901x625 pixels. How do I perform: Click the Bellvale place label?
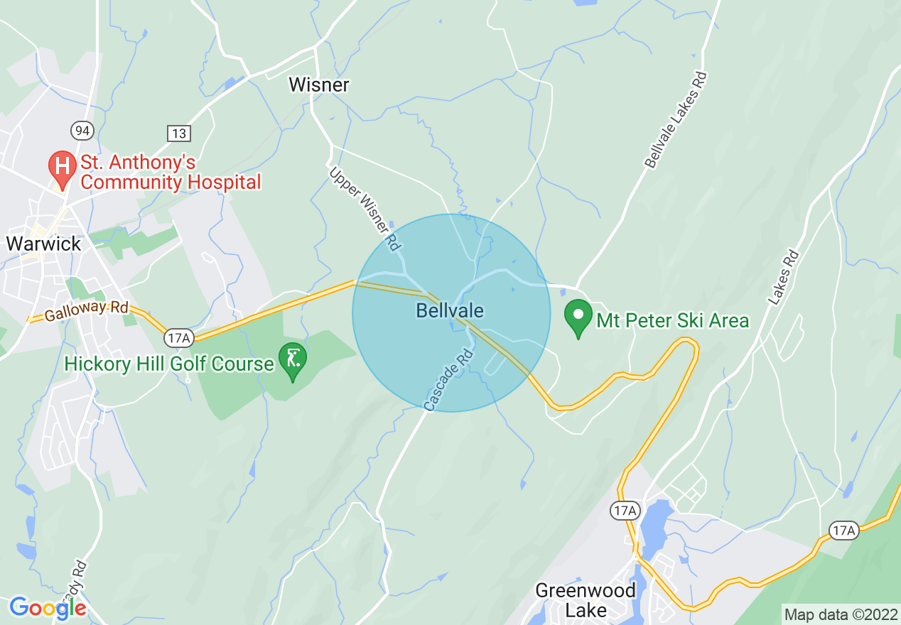[x=450, y=310]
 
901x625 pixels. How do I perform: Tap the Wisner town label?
[x=319, y=85]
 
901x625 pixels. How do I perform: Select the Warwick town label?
[x=43, y=244]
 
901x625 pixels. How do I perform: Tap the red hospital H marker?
[x=62, y=168]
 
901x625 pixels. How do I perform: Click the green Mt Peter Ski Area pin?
[x=578, y=317]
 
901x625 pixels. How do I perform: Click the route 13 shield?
[x=179, y=133]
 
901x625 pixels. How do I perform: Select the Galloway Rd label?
[x=86, y=310]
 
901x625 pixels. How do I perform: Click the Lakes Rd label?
[x=783, y=278]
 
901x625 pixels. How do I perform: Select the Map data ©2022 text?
[x=839, y=614]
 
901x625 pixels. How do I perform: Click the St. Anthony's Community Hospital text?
[x=171, y=173]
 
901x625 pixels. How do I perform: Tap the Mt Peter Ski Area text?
[x=672, y=321]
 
